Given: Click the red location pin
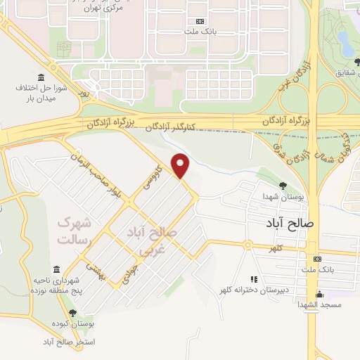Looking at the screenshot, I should [x=181, y=165].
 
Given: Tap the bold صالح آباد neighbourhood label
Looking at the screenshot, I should [x=293, y=223].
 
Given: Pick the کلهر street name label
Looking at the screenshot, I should [x=269, y=249].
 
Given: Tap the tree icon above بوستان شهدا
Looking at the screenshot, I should [x=283, y=186].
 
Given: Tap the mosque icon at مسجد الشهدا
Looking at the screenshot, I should [x=320, y=294].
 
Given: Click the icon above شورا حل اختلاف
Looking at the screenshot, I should [x=40, y=77].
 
